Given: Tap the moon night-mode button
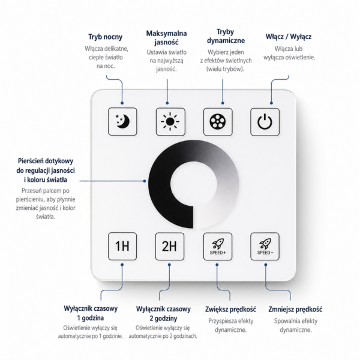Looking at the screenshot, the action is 122,121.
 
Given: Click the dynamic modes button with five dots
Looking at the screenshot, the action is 218,122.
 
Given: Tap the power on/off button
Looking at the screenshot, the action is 265,122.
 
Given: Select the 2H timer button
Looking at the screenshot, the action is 170,247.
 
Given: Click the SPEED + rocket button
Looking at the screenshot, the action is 218,247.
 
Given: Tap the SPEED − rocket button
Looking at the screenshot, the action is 265,247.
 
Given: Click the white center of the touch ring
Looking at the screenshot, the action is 194,184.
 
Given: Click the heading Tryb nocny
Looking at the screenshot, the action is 106,37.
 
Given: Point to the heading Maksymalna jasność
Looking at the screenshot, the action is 166,38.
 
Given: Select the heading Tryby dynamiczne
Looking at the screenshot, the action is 226,36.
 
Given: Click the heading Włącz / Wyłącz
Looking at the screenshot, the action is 289,37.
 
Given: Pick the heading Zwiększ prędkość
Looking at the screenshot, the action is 230,309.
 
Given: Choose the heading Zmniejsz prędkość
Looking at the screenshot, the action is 295,309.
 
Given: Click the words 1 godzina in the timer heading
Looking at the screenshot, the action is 91,318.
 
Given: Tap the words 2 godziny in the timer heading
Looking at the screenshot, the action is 163,319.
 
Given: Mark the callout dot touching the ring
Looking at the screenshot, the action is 145,181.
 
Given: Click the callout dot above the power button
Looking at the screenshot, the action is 271,103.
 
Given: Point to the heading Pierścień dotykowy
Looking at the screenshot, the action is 46,161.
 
